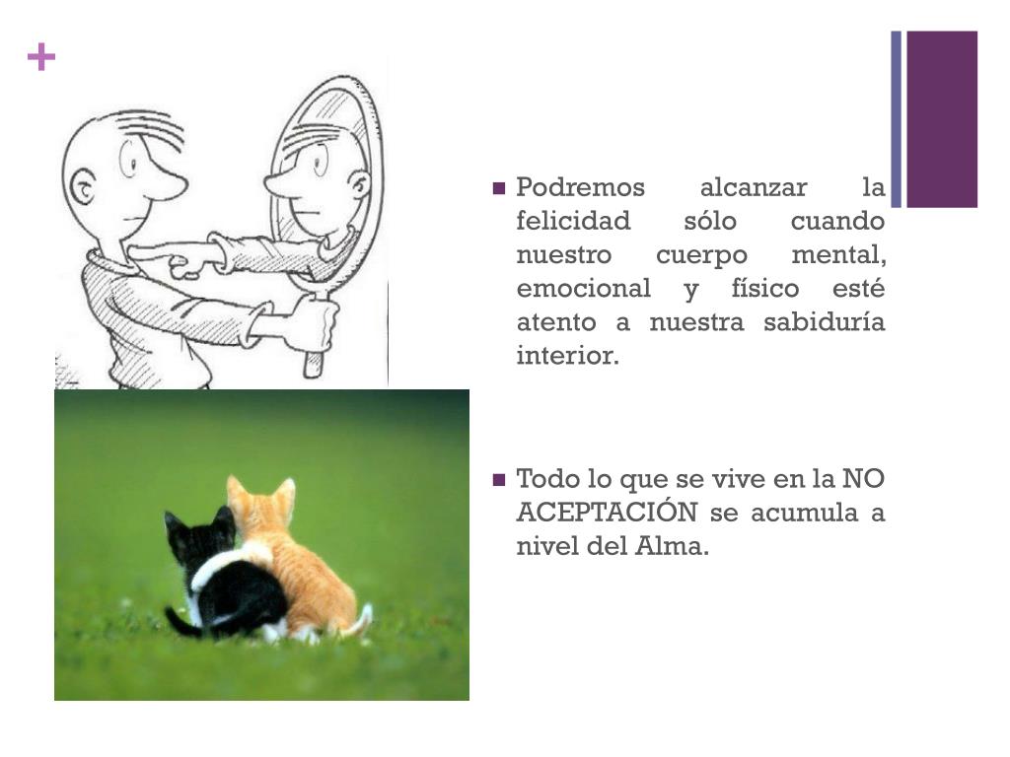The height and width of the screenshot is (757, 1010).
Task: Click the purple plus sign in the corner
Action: [41, 57]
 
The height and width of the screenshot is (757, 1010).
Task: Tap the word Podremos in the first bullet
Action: [580, 187]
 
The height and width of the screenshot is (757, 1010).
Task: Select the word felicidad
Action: [573, 221]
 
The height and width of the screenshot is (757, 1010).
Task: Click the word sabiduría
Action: [824, 321]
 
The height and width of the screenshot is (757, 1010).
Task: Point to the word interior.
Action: [567, 355]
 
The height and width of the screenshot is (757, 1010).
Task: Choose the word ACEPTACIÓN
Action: [607, 513]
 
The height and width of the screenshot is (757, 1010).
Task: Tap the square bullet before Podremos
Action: [498, 188]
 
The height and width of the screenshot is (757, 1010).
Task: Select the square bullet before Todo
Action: [498, 480]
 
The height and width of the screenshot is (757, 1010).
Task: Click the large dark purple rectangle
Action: [942, 119]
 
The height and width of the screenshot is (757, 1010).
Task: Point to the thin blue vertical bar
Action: [896, 119]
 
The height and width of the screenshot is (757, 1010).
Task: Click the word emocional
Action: [584, 288]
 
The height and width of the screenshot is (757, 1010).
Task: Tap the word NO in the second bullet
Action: [863, 479]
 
